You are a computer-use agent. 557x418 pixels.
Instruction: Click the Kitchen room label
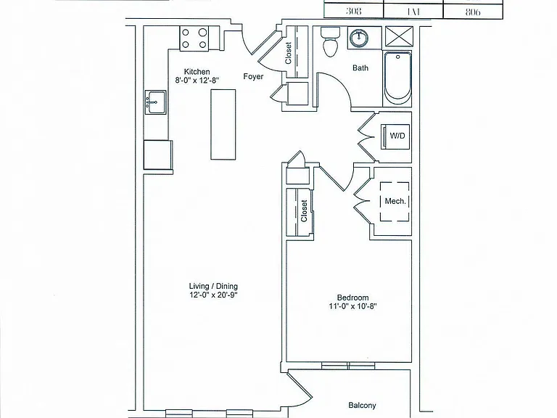coord(197,71)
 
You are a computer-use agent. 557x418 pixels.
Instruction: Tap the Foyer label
coord(253,76)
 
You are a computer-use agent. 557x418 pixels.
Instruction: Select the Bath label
coord(360,67)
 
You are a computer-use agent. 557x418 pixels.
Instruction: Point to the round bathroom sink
coord(360,37)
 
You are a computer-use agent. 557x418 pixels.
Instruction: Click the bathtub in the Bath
coord(397,79)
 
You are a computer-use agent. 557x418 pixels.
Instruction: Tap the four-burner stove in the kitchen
coord(194,38)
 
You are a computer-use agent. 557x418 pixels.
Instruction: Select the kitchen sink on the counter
coord(155,102)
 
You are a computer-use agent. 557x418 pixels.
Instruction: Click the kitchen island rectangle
coord(223,124)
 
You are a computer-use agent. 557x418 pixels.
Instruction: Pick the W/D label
coord(397,136)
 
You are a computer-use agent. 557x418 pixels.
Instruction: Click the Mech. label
coord(395,201)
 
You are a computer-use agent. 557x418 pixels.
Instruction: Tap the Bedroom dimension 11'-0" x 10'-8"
coord(352,306)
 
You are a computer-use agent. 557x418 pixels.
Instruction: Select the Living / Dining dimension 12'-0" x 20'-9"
coord(213,295)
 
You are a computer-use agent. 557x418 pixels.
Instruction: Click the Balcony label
coord(362,405)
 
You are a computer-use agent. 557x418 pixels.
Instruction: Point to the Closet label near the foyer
coord(288,53)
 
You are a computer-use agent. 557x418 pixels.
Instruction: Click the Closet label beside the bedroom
coord(304,210)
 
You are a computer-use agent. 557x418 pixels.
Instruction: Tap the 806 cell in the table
coord(473,12)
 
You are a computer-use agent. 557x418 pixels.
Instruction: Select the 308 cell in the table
coord(353,11)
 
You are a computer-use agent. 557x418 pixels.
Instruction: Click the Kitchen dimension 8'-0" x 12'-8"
coord(197,81)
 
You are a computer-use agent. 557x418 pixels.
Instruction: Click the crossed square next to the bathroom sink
coord(400,36)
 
